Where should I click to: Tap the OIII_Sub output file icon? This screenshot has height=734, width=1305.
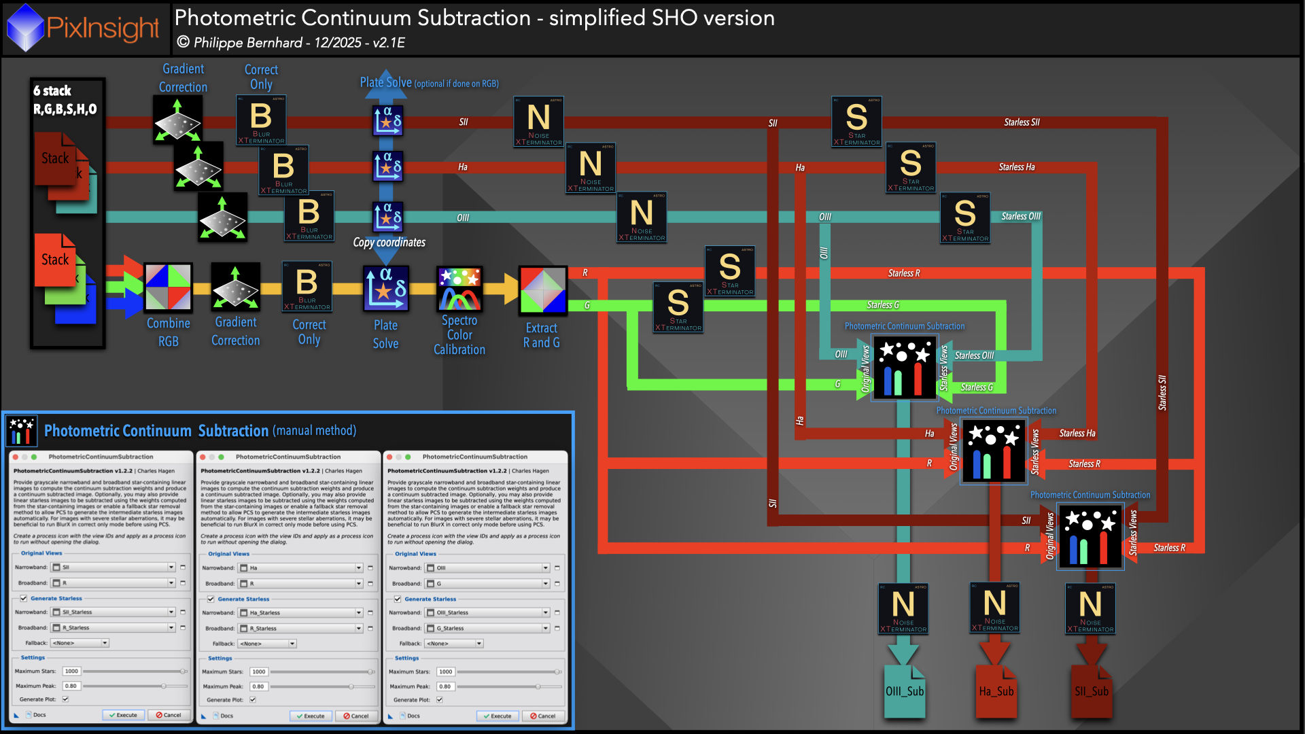point(904,691)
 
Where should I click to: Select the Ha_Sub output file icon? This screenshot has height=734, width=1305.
point(996,691)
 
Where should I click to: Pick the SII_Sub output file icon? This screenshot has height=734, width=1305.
point(1091,691)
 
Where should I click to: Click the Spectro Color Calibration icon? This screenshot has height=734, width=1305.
point(459,289)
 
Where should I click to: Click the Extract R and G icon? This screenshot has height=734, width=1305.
point(542,290)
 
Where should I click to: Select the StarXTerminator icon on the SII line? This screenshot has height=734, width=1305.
point(856,122)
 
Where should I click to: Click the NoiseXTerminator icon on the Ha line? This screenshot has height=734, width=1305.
point(590,168)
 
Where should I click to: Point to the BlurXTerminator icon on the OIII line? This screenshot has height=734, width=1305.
point(309,216)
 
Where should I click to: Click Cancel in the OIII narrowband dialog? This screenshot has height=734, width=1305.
point(542,716)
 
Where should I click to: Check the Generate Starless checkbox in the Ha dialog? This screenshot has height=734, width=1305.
point(211,599)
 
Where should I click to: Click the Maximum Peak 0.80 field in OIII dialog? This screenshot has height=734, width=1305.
point(445,686)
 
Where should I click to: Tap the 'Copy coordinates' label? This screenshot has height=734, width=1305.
point(389,243)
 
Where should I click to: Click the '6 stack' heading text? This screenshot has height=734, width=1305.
point(52,91)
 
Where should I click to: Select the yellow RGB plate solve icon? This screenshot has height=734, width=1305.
point(385,288)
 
